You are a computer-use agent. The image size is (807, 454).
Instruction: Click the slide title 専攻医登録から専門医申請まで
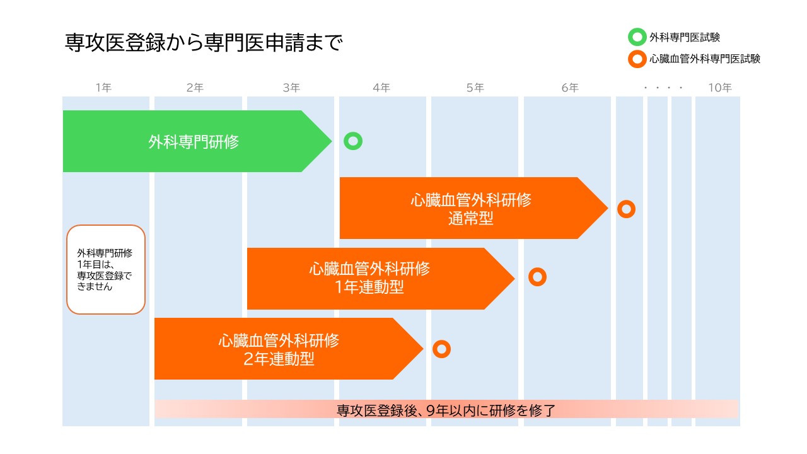click(x=204, y=43)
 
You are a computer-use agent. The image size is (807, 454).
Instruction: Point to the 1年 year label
click(x=103, y=88)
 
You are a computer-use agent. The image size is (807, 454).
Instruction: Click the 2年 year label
click(x=195, y=88)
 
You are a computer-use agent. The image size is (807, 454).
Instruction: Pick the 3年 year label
click(x=291, y=88)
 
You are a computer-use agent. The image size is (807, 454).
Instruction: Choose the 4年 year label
click(x=381, y=88)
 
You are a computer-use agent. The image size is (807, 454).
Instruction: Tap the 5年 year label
click(x=475, y=88)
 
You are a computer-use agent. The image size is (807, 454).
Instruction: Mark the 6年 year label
click(x=570, y=88)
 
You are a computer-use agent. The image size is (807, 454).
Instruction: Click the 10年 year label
click(x=719, y=88)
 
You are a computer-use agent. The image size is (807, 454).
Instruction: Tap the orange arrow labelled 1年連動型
click(x=369, y=278)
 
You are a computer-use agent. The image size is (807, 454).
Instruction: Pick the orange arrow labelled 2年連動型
click(x=278, y=349)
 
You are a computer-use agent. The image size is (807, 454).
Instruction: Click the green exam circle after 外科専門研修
click(x=353, y=141)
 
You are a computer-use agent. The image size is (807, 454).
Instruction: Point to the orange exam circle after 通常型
click(x=626, y=209)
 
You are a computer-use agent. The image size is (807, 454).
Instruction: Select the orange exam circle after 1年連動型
click(x=537, y=276)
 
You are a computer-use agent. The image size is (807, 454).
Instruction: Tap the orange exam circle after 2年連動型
click(x=441, y=349)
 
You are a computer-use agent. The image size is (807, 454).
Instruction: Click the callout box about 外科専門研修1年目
click(x=106, y=269)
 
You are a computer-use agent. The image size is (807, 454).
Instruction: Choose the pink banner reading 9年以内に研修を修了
click(x=446, y=410)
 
